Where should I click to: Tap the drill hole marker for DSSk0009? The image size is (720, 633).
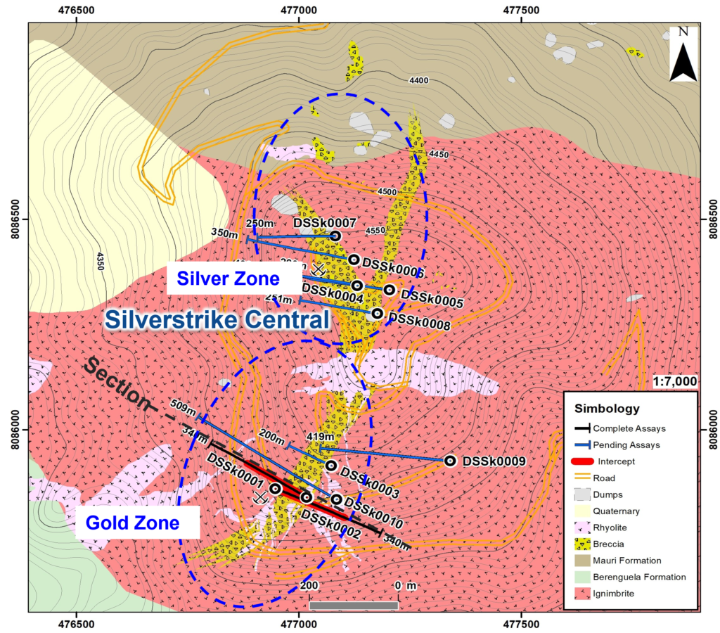(450, 461)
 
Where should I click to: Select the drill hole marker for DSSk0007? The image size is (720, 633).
(335, 236)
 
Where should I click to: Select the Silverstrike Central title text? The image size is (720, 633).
(217, 320)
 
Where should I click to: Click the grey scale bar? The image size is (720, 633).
(354, 605)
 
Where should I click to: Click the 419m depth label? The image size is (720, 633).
(316, 437)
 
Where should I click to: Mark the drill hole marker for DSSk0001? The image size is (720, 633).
(276, 488)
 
